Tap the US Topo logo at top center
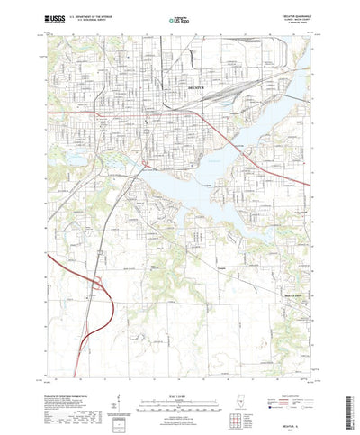pos(179,17)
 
